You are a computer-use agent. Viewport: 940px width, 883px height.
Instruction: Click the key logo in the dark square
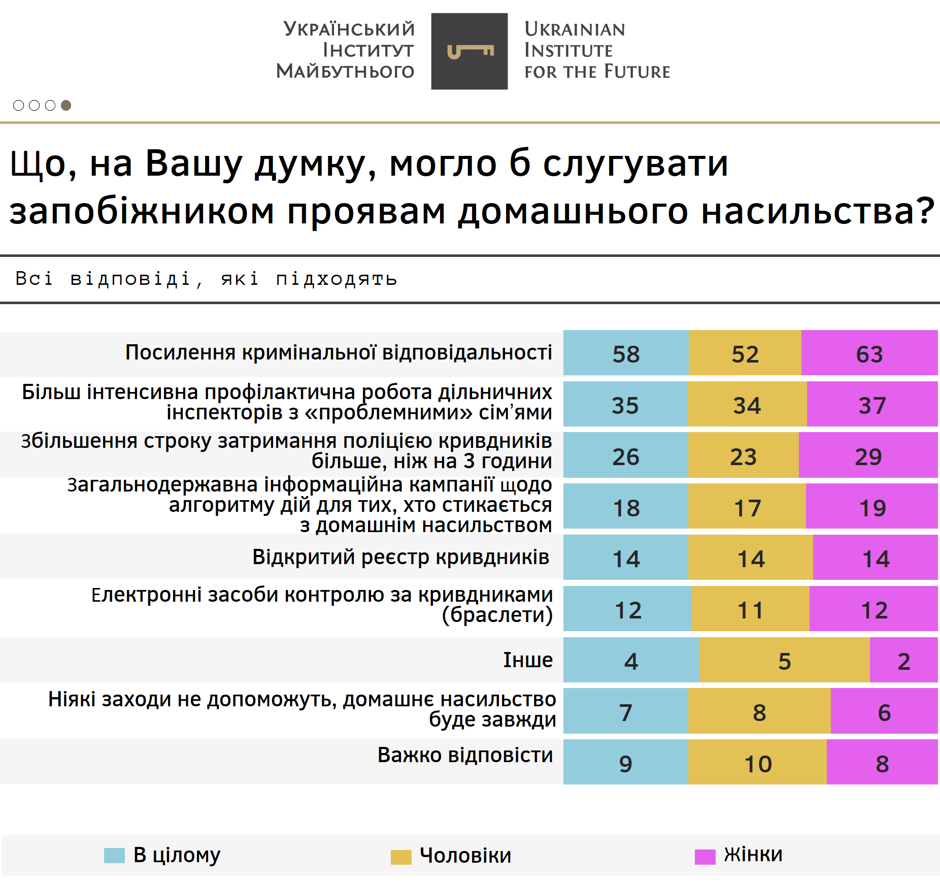(x=469, y=51)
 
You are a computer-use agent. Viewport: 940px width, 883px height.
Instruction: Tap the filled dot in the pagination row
(x=66, y=105)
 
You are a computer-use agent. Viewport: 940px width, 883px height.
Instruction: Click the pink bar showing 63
(x=869, y=353)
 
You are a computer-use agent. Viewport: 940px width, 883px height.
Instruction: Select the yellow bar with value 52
(x=745, y=353)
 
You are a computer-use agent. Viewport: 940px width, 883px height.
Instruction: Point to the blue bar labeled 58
(x=626, y=353)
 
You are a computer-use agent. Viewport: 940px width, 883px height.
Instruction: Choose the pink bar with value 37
(x=872, y=404)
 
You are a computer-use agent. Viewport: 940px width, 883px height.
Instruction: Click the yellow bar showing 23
(x=743, y=455)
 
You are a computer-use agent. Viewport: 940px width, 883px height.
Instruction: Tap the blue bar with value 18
(x=626, y=507)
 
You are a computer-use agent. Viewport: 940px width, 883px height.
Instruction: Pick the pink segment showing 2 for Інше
(x=903, y=660)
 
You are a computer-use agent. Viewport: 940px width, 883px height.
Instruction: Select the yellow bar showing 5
(x=784, y=660)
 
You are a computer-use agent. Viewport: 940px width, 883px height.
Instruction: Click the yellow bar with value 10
(x=757, y=763)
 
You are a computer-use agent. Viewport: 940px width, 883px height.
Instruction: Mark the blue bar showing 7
(x=626, y=711)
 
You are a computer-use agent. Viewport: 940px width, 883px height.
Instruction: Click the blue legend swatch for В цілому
(x=114, y=855)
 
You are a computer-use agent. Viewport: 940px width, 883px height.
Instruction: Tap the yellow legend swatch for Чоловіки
(x=401, y=857)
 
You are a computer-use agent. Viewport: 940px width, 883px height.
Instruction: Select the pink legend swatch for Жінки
(x=704, y=856)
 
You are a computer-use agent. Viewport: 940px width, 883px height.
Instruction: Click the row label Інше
(x=528, y=660)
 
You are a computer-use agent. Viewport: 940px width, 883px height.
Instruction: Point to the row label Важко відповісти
(x=465, y=755)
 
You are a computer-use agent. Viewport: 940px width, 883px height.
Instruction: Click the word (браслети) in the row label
(x=497, y=615)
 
